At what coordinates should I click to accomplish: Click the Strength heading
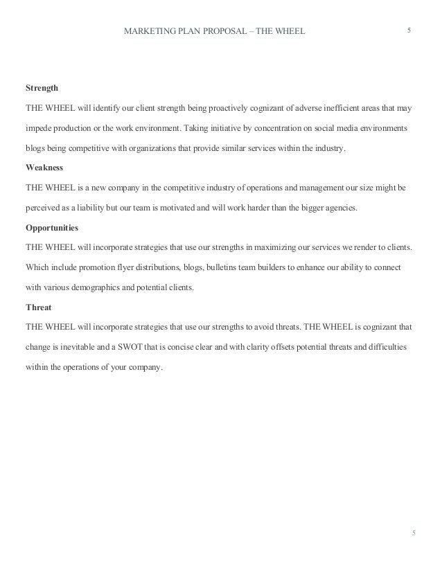[42, 89]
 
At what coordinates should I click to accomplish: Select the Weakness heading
[44, 168]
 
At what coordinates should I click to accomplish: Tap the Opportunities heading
[52, 227]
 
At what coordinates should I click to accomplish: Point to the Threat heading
[39, 307]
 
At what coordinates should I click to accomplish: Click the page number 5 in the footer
[414, 533]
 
